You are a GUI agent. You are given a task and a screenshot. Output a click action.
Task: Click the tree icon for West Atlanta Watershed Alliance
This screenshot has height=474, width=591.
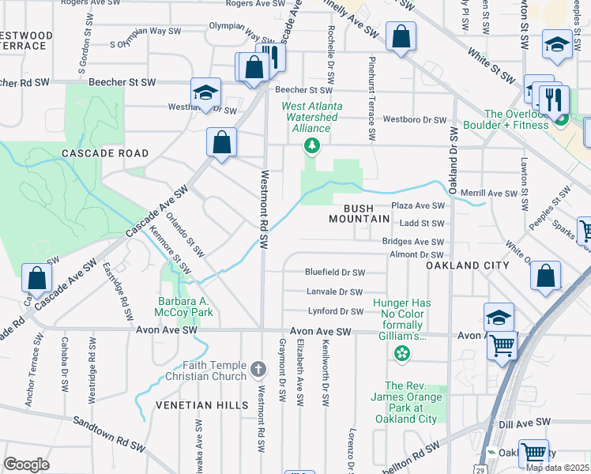(313, 145)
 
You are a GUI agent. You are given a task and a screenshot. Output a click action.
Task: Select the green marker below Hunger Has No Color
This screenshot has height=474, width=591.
(402, 352)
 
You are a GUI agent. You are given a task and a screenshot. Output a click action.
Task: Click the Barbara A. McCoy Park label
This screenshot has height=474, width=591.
(186, 307)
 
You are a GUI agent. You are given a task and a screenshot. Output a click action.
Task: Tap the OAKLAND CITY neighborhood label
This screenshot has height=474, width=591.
(468, 266)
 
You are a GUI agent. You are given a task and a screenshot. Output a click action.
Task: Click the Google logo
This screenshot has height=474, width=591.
(26, 465)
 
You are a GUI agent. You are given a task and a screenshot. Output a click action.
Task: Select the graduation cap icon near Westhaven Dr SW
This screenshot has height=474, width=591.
(205, 92)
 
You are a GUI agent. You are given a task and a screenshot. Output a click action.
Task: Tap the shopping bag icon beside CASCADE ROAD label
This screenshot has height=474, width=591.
(222, 142)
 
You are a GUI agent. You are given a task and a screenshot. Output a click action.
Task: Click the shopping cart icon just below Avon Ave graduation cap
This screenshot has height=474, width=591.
(503, 345)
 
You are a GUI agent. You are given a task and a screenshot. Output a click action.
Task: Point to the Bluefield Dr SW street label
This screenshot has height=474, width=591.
(335, 273)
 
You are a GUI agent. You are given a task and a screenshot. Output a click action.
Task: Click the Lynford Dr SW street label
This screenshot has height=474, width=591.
(335, 311)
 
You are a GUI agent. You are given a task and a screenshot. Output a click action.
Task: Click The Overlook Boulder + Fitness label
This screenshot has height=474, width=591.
(517, 119)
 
